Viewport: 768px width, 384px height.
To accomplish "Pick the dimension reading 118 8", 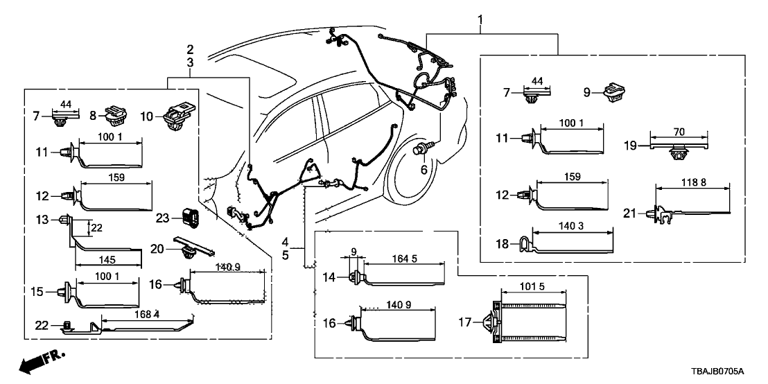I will click(x=691, y=182).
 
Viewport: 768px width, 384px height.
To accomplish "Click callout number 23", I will click(x=163, y=217).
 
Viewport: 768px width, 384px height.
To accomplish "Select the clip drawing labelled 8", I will click(x=114, y=113).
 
